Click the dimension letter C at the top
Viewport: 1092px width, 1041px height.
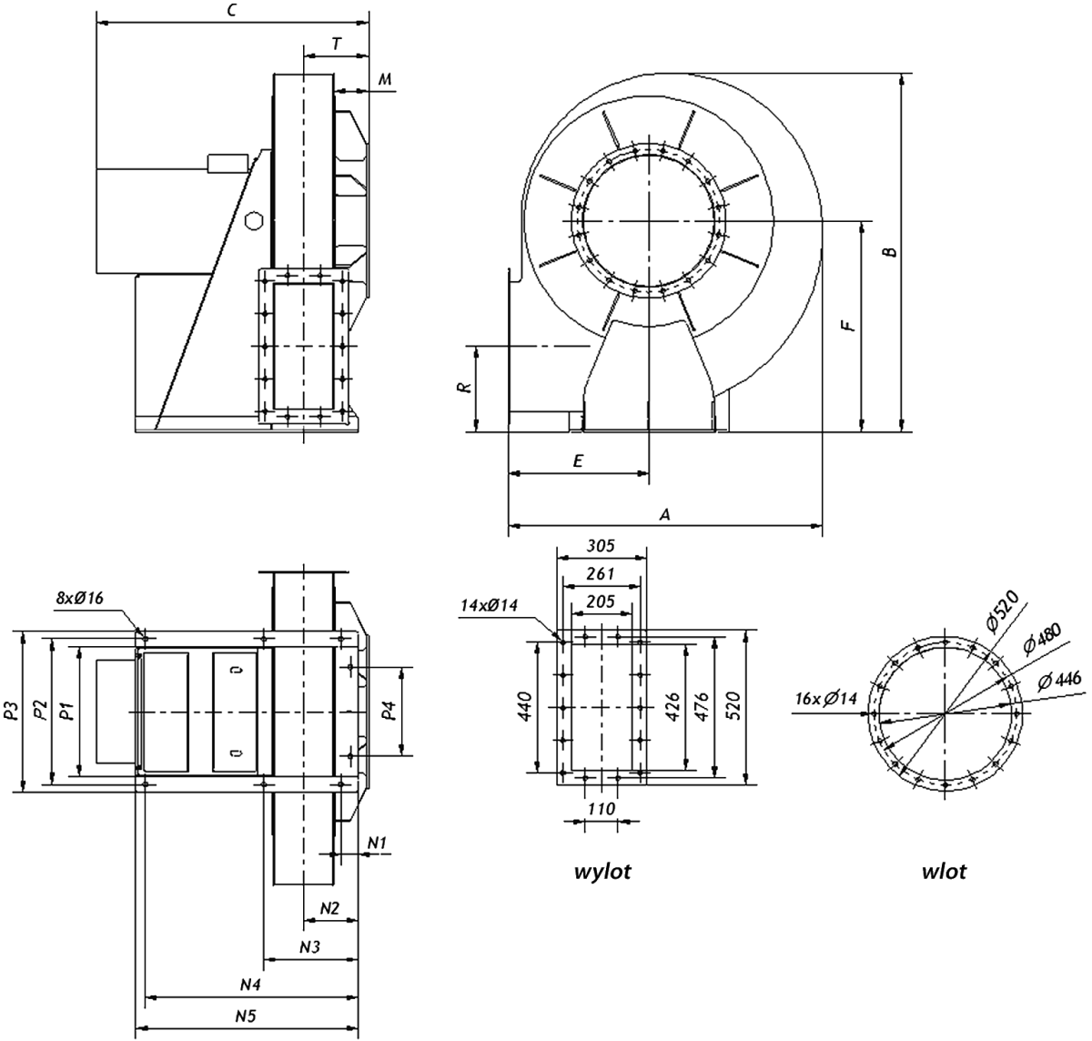tap(233, 11)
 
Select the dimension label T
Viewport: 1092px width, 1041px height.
tap(337, 44)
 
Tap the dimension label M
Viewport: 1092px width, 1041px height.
tap(385, 79)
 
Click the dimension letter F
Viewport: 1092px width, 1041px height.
tap(846, 325)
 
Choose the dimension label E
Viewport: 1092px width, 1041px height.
tap(578, 460)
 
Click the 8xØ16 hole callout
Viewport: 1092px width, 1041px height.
tap(79, 598)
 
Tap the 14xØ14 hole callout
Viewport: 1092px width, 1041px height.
tap(489, 605)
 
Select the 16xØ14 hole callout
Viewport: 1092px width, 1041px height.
tap(826, 698)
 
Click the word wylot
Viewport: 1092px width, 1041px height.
tap(602, 872)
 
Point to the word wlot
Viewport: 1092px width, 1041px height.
tap(945, 871)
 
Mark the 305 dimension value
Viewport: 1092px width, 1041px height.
tap(601, 545)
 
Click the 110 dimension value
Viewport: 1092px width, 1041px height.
tap(601, 808)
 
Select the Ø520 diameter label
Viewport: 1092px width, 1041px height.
tap(1003, 611)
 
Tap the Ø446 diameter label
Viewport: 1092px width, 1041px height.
tap(1059, 682)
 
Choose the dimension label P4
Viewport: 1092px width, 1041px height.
tap(389, 711)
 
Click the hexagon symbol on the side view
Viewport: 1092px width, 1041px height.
tap(253, 220)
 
